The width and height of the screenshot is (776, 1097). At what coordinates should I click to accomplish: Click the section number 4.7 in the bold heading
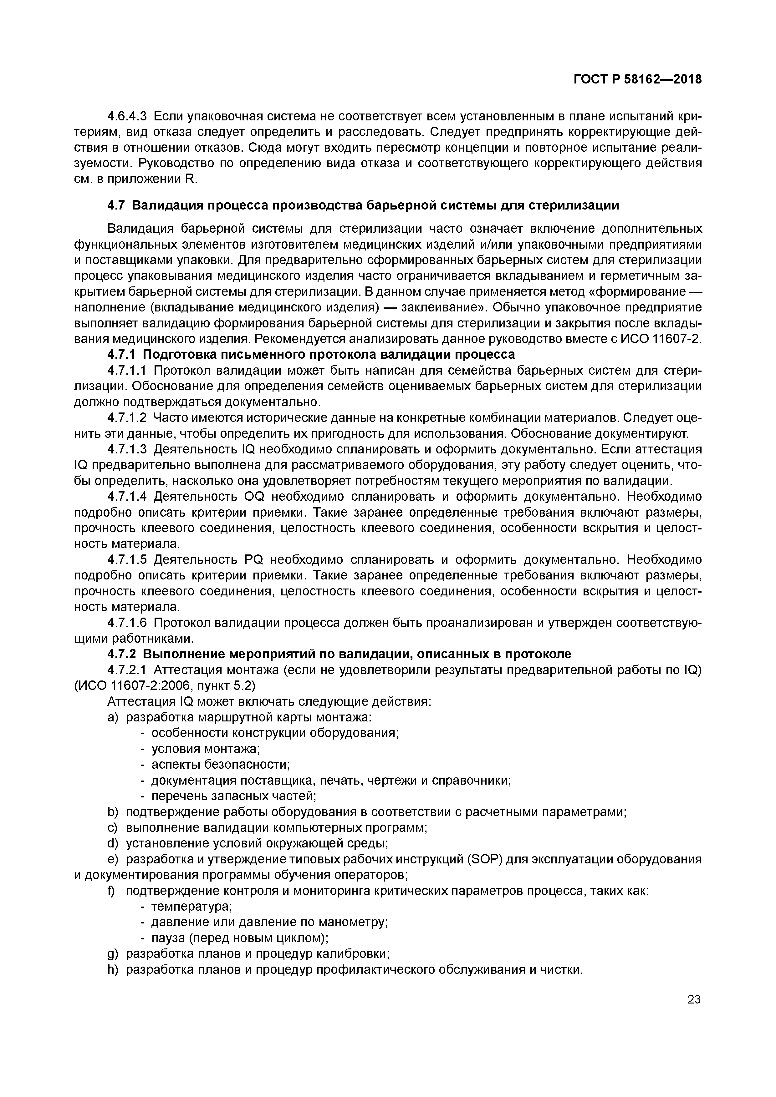point(116,205)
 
